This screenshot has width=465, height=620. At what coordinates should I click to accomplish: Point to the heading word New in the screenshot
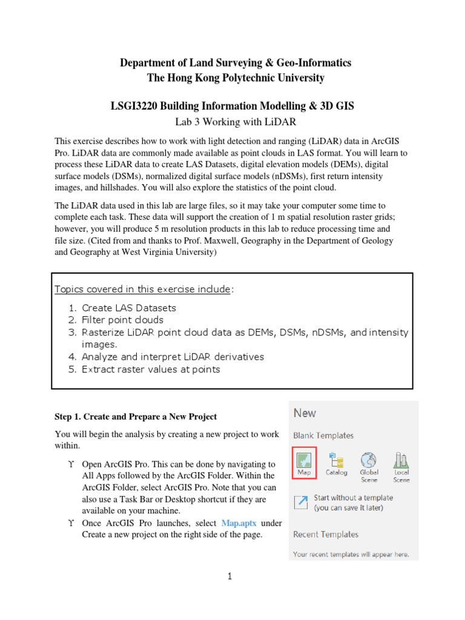[305, 413]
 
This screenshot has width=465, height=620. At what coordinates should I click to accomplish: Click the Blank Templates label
[323, 435]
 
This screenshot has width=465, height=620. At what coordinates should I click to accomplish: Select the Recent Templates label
[326, 535]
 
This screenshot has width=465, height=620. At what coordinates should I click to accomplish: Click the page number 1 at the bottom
[230, 576]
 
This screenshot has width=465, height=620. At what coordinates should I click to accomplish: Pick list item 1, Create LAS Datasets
[129, 308]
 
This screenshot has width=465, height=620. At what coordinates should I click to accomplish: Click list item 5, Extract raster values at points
[151, 369]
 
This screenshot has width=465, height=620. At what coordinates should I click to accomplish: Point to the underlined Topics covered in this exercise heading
[143, 289]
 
